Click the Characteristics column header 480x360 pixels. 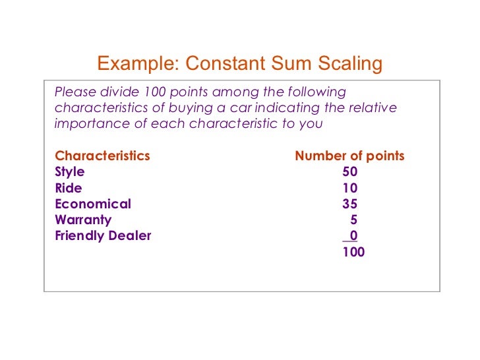[x=102, y=156]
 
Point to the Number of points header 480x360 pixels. [x=349, y=156]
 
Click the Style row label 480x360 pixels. [x=70, y=172]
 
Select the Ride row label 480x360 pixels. [x=69, y=188]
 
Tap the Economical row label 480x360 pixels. [x=93, y=204]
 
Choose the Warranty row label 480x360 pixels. [x=83, y=220]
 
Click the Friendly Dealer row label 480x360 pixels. [x=103, y=235]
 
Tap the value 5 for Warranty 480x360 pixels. [x=354, y=220]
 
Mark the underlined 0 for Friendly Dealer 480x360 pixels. [x=354, y=235]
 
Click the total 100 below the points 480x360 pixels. [x=353, y=251]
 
